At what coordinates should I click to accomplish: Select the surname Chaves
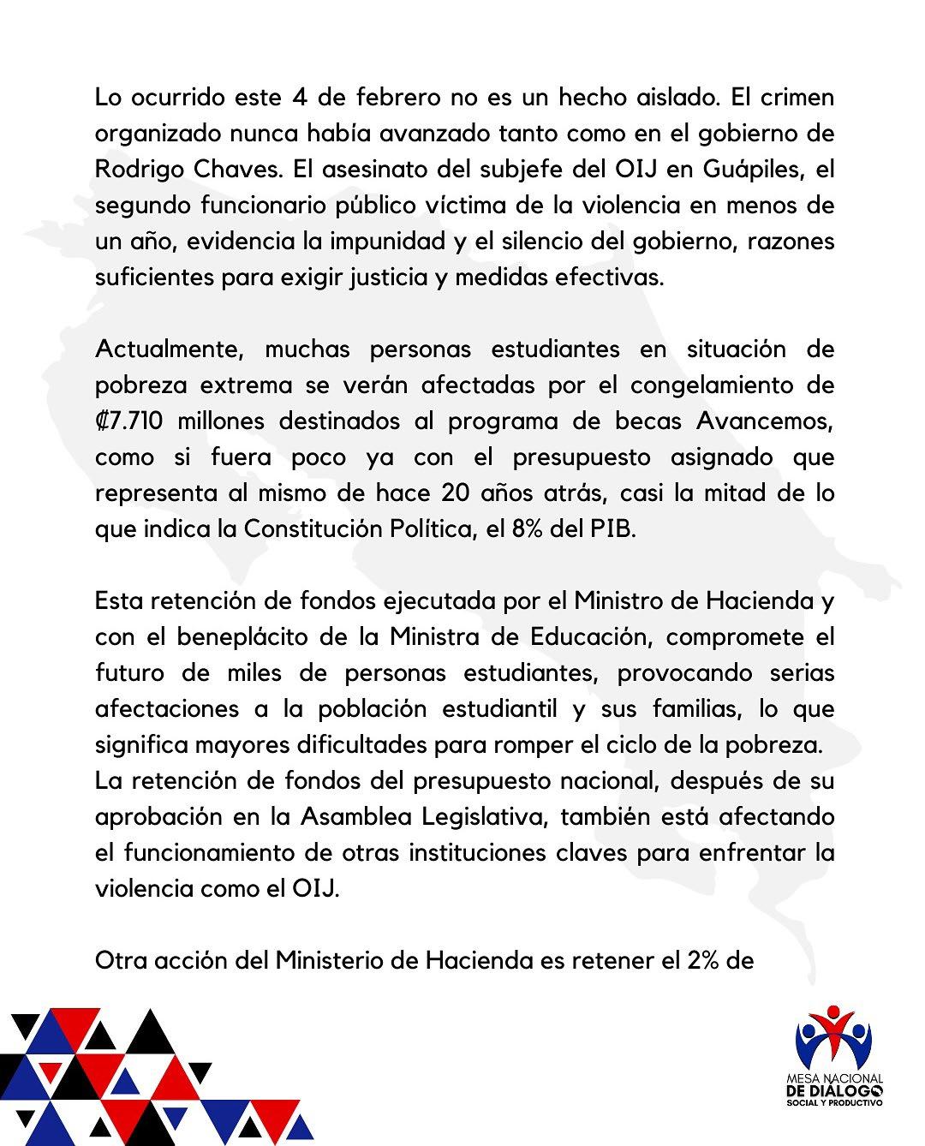tap(230, 169)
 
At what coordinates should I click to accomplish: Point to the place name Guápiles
tap(756, 169)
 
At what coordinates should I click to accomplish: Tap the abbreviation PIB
tap(614, 529)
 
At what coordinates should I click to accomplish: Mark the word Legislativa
tap(485, 817)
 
